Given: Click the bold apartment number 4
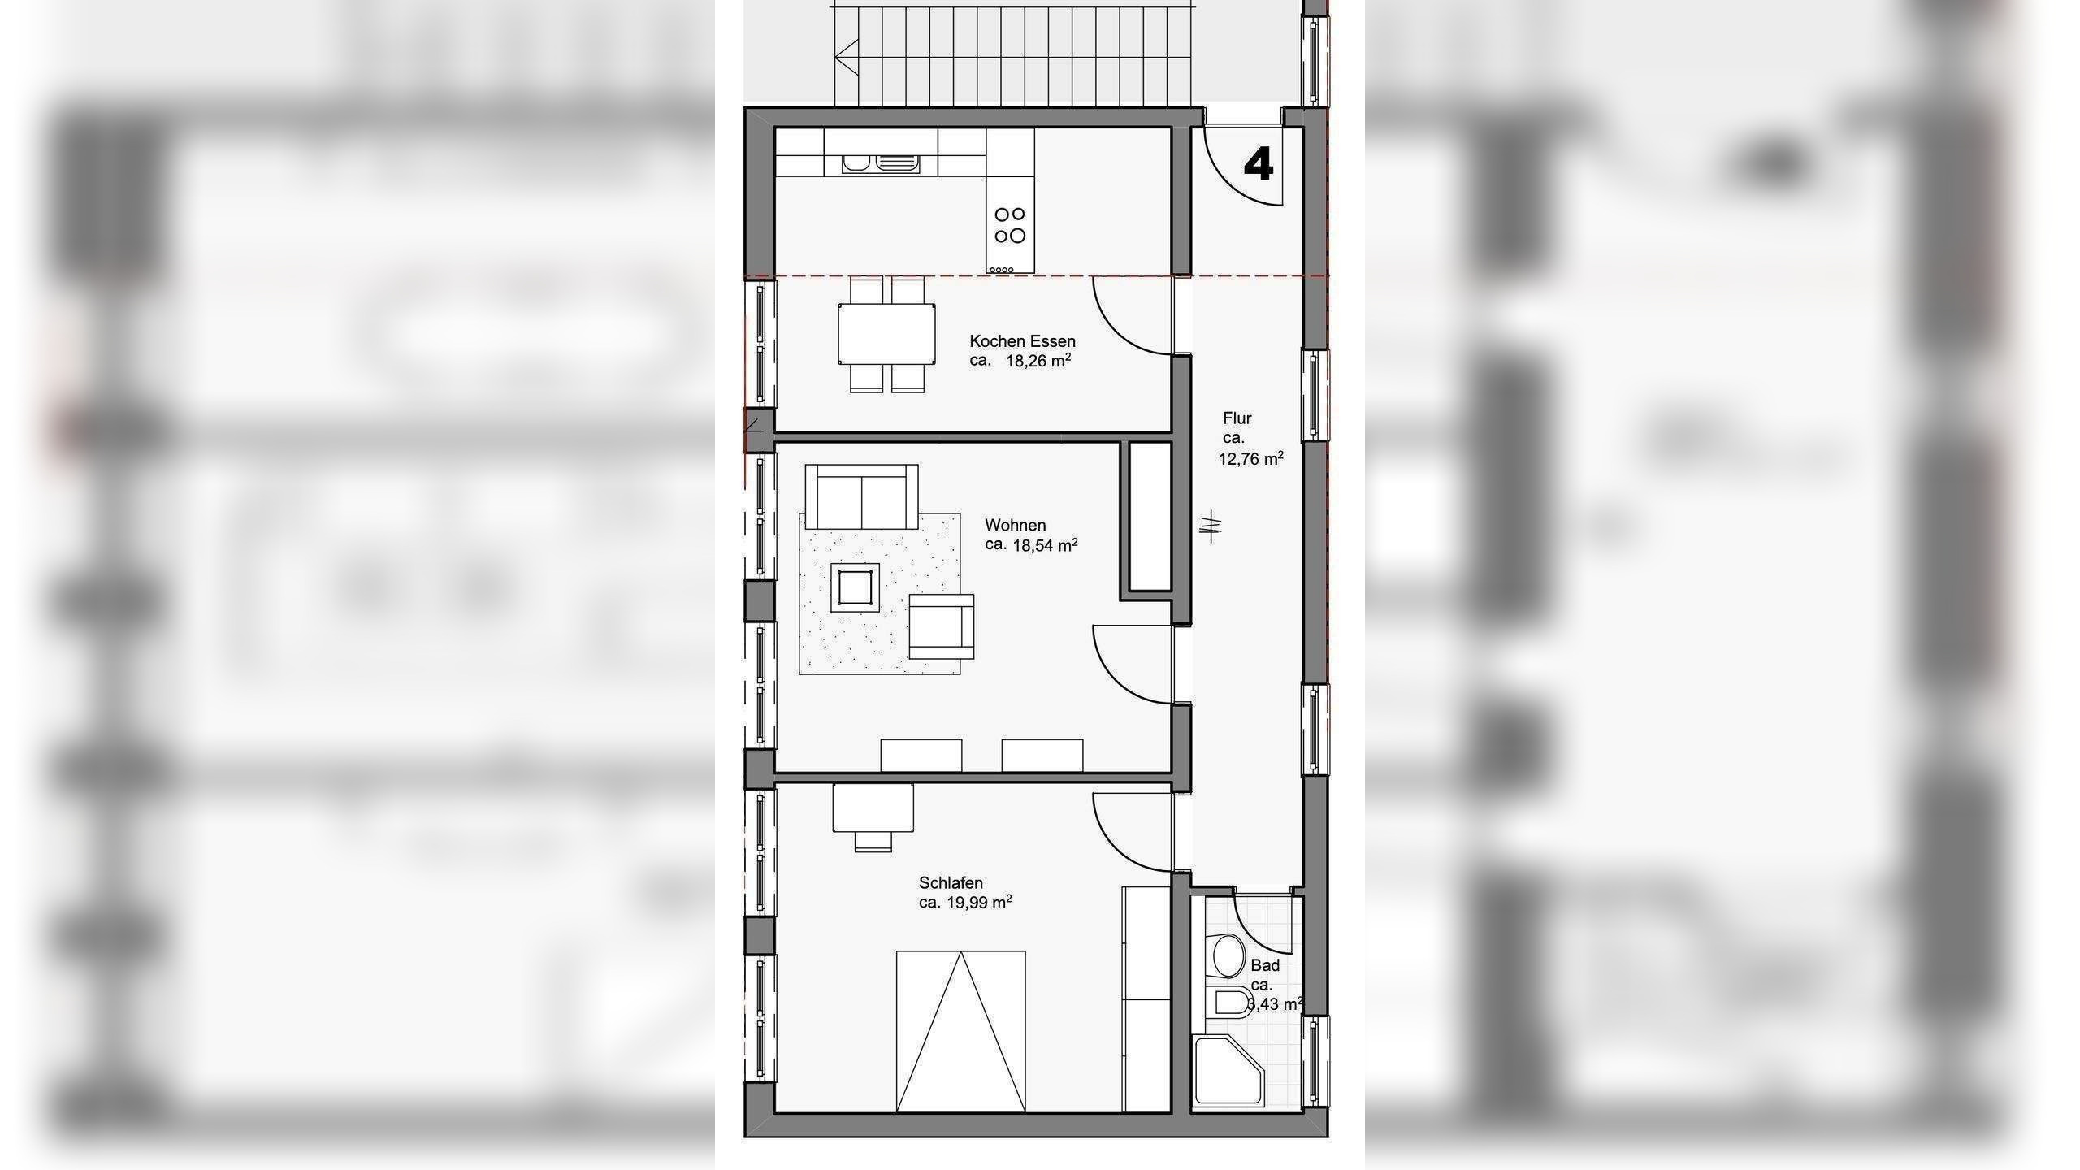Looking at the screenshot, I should point(1259,166).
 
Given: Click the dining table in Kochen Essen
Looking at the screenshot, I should point(886,334).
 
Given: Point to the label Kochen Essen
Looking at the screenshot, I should point(1022,341).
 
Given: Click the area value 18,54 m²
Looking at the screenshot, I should point(1044,545).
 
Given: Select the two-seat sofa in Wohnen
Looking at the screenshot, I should point(861,500).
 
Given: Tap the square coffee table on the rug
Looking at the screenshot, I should point(853,587).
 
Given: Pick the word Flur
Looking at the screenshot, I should point(1237,418).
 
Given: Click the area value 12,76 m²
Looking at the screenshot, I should point(1250,459).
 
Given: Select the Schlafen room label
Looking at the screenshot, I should point(951,882).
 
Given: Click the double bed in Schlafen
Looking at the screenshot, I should point(960,1032).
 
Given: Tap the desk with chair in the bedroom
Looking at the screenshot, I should point(873,812).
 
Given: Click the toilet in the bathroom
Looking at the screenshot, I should point(1230,1003).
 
